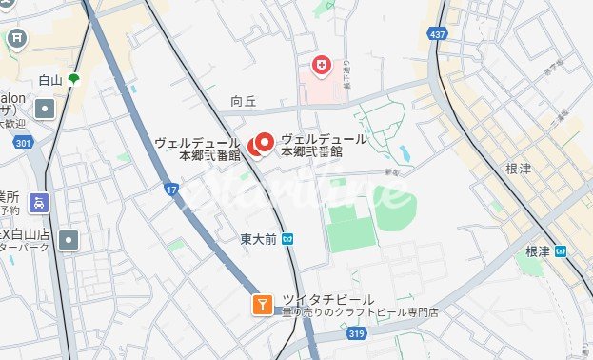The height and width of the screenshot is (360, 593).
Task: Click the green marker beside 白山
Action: pos(73,80)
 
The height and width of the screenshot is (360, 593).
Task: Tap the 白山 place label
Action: pos(50,81)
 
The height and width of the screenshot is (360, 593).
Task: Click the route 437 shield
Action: pos(437,33)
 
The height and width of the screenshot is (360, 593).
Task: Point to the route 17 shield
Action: pos(172,190)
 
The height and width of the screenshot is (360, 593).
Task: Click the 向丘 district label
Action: pos(244,100)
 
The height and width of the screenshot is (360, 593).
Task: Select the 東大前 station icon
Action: pos(287,239)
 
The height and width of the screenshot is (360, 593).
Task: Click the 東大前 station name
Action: pos(258,239)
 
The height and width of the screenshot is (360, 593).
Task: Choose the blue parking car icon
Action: pos(38,203)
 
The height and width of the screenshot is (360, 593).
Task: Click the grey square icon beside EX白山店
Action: pos(68,240)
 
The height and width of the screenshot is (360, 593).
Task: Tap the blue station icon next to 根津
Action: pos(562,251)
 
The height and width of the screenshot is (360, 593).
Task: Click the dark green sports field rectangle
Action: pos(351,227)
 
